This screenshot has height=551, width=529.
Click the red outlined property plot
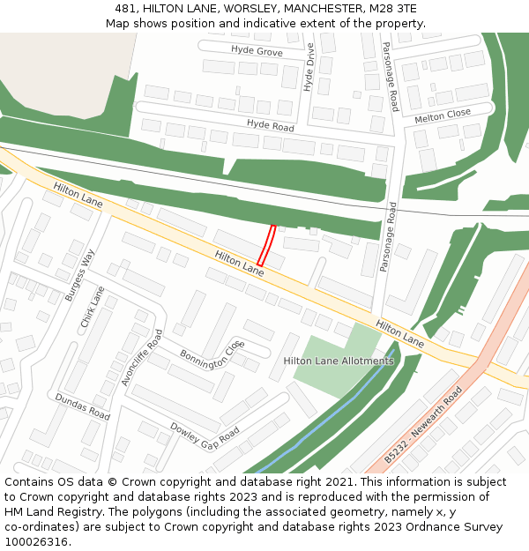point(266,246)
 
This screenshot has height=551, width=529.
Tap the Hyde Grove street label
point(257,53)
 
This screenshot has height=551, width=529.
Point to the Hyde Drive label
point(309,68)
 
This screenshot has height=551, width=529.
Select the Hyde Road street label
point(270,126)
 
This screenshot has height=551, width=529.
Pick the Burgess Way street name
point(79,275)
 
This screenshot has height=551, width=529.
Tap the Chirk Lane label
point(93,307)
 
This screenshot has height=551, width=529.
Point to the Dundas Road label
point(82,406)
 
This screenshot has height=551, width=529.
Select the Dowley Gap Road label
point(205,433)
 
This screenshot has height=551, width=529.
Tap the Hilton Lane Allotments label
point(339,361)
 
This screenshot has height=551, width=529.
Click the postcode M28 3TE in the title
point(396,8)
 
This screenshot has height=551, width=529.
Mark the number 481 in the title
point(124,8)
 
